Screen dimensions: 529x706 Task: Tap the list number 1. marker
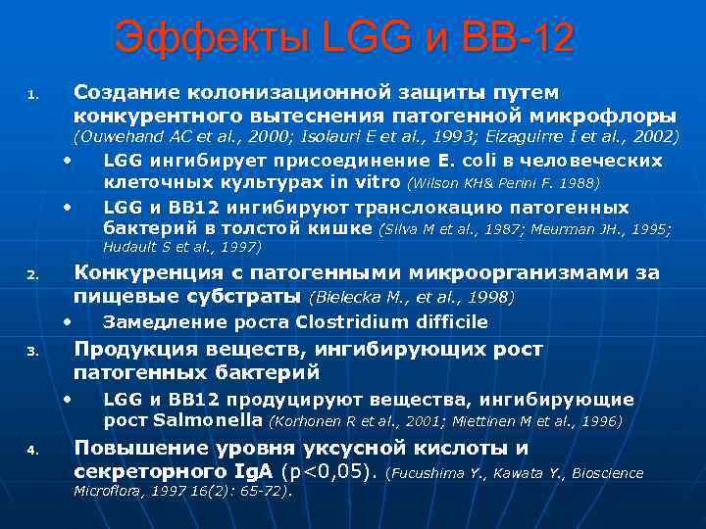(32, 96)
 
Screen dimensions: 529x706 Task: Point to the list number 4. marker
(32, 452)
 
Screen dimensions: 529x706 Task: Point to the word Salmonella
(208, 420)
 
